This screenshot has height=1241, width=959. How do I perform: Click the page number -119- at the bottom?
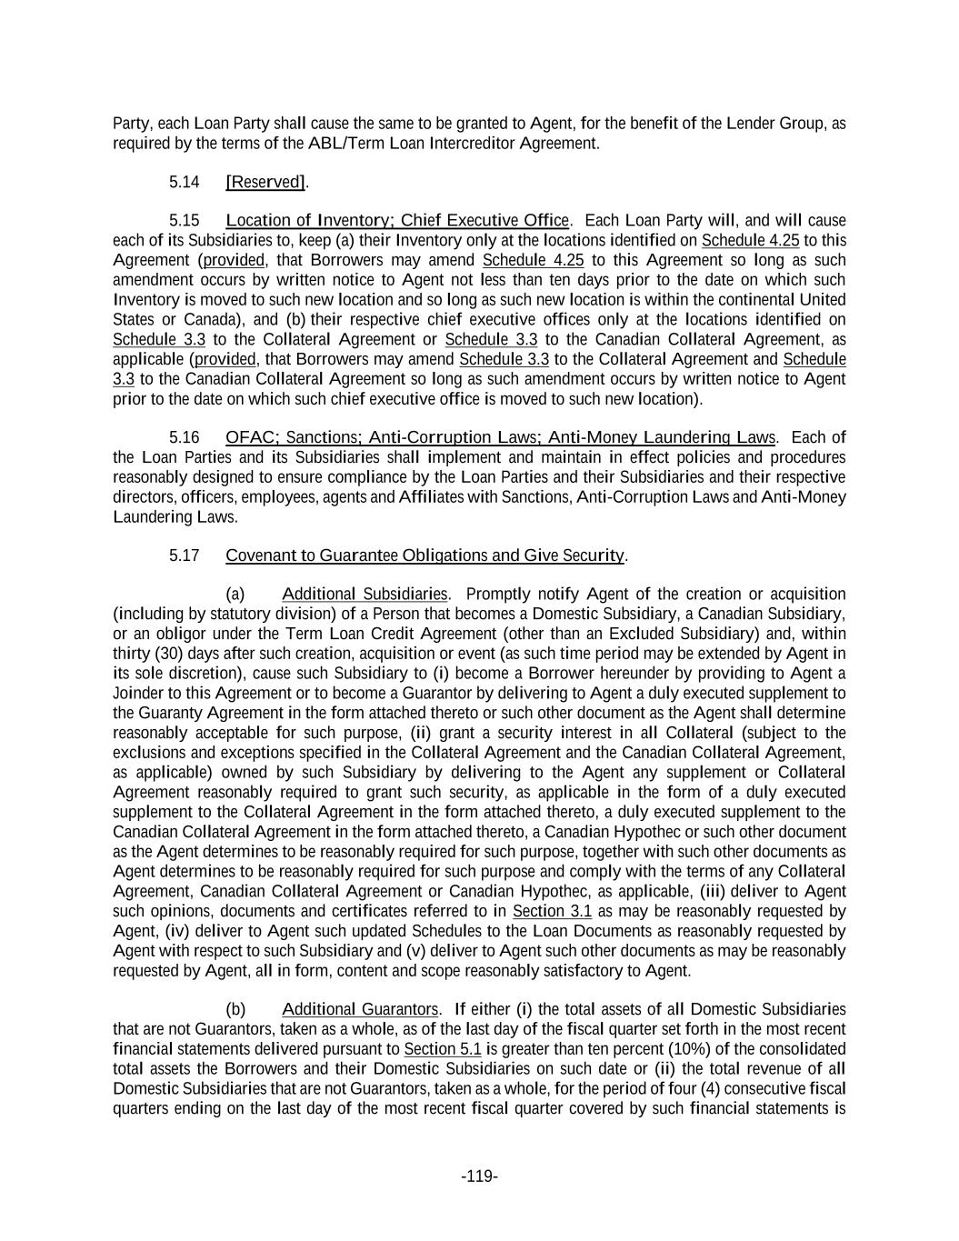click(x=479, y=1176)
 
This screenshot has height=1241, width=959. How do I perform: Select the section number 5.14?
click(x=184, y=182)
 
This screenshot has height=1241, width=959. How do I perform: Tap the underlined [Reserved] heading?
click(x=265, y=182)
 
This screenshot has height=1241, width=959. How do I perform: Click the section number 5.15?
click(x=184, y=221)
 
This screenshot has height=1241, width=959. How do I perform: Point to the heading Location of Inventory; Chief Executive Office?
click(x=397, y=221)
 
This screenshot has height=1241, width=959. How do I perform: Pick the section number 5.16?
click(x=184, y=437)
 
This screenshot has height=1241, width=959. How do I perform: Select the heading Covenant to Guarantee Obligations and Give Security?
click(x=425, y=555)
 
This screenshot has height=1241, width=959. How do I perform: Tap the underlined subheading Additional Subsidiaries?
click(x=365, y=595)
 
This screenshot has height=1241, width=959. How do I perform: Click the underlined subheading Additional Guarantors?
click(x=360, y=1010)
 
